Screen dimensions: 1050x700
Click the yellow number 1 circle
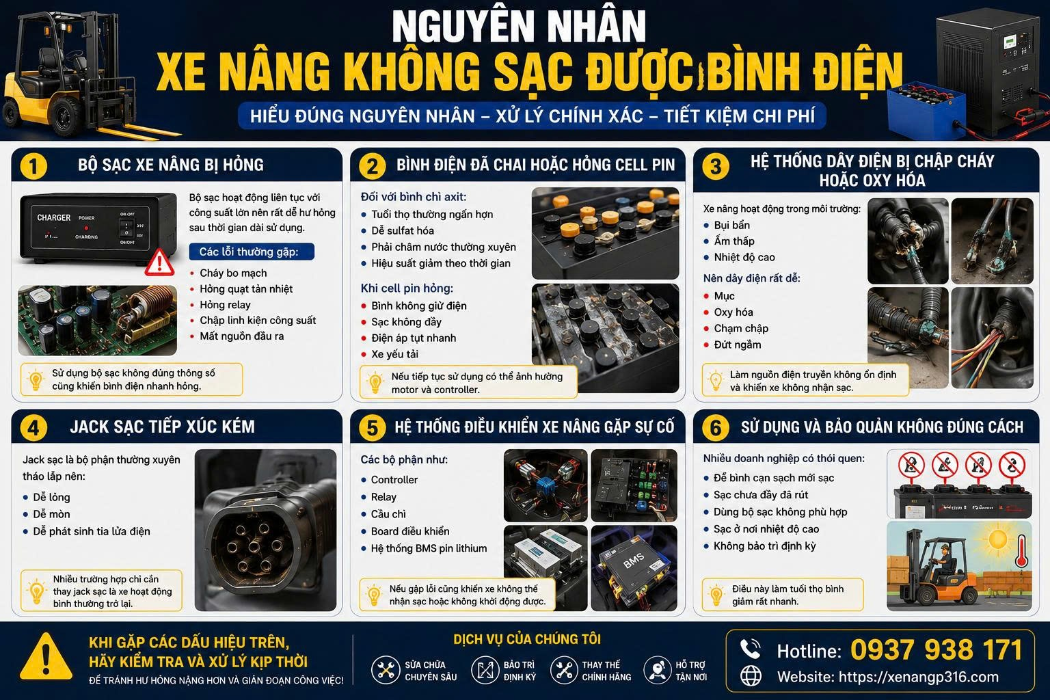[33, 166]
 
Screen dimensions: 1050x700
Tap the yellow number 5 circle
[372, 428]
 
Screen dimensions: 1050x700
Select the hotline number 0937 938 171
[936, 650]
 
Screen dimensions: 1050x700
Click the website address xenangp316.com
[918, 677]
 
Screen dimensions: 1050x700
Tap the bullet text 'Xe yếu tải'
[394, 354]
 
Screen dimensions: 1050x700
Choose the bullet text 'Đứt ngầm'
[738, 345]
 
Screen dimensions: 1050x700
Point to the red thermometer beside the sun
[1021, 552]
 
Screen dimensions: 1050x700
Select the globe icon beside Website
[751, 676]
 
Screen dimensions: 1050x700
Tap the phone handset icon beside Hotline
[750, 649]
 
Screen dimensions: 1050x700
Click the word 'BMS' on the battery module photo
[633, 561]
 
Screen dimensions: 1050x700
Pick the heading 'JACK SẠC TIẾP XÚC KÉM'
[162, 427]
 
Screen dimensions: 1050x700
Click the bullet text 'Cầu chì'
[388, 514]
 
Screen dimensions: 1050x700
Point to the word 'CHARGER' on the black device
[54, 217]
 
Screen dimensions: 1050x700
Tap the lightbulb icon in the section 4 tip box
[36, 592]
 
